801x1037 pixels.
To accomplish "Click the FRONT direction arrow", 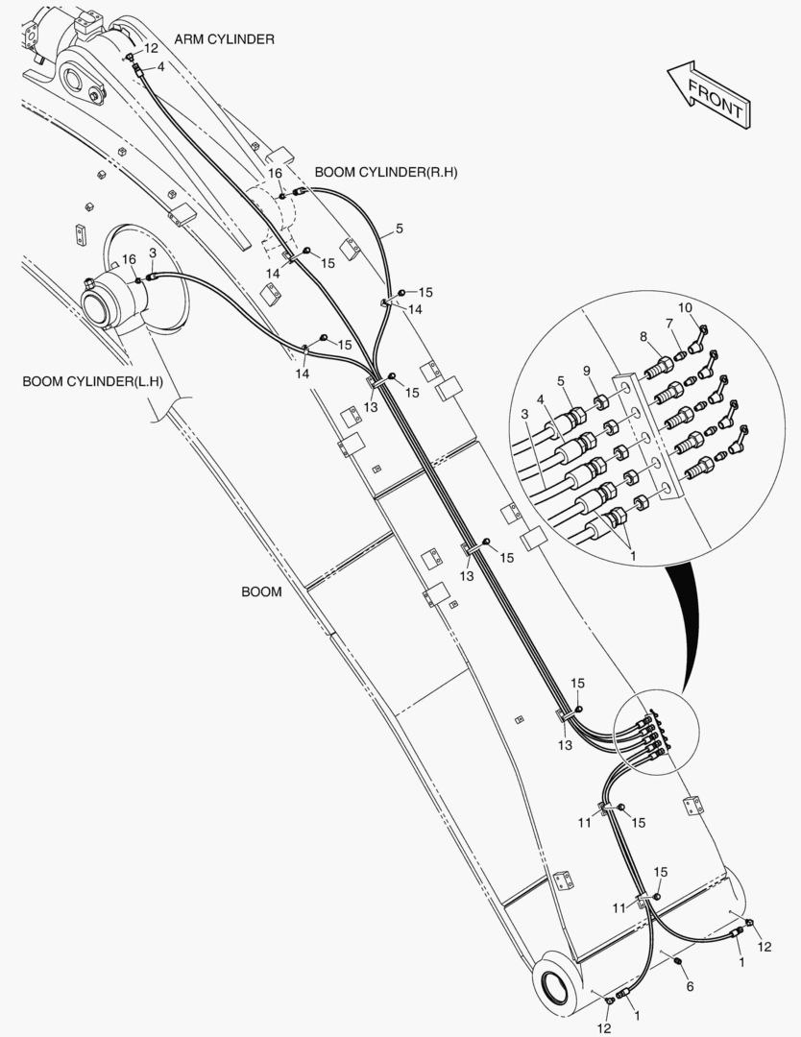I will tap(707, 94).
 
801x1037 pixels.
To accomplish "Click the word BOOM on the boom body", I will tap(261, 591).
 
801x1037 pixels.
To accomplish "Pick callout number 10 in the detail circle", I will tap(684, 308).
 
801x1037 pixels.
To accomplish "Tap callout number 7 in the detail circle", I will tap(669, 323).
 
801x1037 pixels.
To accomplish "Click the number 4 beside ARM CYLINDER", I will tap(160, 67).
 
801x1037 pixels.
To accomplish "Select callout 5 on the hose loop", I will tap(399, 229).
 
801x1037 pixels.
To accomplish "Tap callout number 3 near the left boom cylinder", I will tap(153, 253).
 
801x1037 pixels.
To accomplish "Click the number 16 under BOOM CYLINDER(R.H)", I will tap(275, 173).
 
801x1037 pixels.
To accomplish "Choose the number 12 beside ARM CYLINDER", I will tap(151, 47).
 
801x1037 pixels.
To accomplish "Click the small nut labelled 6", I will tap(679, 963).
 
